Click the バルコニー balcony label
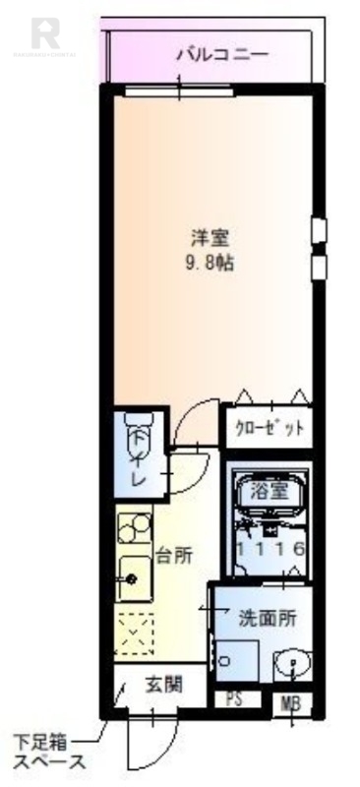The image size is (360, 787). [221, 54]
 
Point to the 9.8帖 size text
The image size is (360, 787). [211, 263]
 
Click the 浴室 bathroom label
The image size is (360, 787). [267, 490]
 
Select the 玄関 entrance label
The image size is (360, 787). [161, 685]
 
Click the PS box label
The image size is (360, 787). [235, 700]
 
